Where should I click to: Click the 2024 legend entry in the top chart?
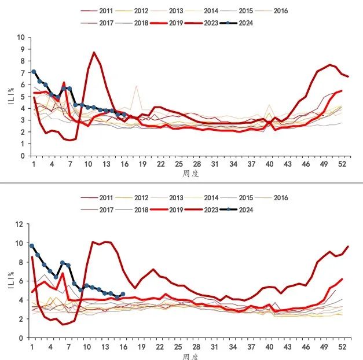coord(240,24)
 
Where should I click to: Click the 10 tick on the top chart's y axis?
coord(21,37)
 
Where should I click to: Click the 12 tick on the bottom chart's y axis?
coord(21,224)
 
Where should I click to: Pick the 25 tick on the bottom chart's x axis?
coord(179,347)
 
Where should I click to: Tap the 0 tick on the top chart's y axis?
coord(23,156)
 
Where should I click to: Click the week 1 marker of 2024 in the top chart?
coord(34,72)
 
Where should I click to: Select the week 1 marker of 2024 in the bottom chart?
coord(32,246)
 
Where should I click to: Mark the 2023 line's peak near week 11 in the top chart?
coord(94,53)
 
